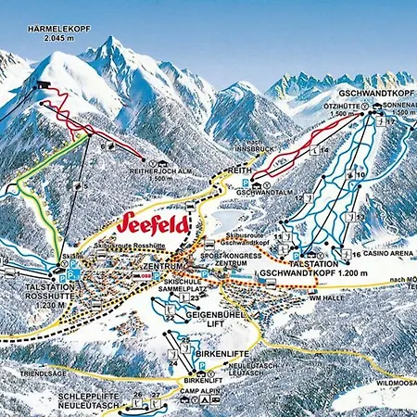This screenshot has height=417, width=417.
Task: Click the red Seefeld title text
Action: pyautogui.click(x=154, y=223)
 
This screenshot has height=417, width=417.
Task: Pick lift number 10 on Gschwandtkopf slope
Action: pyautogui.click(x=360, y=174)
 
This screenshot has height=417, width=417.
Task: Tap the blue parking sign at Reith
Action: pyautogui.click(x=245, y=183)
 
